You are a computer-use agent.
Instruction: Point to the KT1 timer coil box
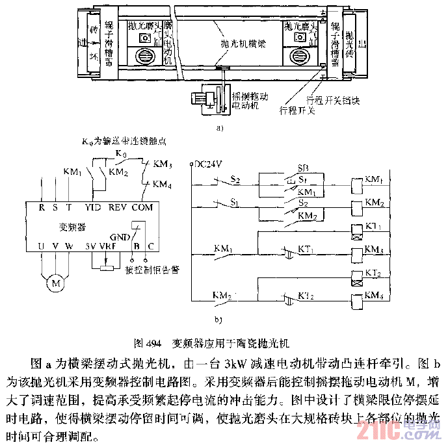(x=356, y=229)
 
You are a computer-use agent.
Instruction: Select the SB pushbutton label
(x=304, y=167)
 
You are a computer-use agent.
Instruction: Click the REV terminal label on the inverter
(x=118, y=207)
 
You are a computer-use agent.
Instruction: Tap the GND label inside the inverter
(x=121, y=236)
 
